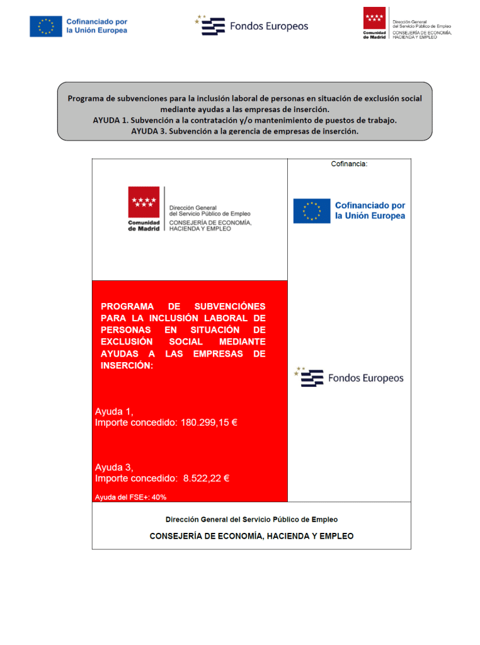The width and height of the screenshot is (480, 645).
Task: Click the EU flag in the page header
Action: coord(45,26)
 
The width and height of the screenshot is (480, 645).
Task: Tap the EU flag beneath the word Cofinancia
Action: coord(311,211)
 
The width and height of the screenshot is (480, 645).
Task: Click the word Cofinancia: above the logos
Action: coord(349,164)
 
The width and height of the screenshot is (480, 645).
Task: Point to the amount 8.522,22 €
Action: coord(206,478)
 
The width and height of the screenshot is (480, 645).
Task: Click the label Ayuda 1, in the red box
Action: coord(114,411)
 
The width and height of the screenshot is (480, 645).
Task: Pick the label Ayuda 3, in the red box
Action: coord(114,467)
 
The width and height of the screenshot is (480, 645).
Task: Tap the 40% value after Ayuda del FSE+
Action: coord(159,497)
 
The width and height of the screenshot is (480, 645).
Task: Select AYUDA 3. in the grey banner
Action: coord(148,132)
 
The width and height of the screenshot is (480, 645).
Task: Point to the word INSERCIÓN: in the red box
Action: coord(127,365)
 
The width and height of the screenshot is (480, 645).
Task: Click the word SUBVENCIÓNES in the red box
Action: coord(230,306)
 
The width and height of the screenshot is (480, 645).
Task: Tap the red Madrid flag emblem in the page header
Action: coord(374,19)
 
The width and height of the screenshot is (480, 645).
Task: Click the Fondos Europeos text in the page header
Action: coord(269,26)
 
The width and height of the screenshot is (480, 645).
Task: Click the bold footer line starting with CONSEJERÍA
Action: coord(251,536)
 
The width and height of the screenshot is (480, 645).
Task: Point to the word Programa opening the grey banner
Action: coord(88,98)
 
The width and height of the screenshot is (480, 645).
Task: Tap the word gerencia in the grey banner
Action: coord(251,132)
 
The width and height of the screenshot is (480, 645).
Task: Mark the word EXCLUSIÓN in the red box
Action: coord(127,341)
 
